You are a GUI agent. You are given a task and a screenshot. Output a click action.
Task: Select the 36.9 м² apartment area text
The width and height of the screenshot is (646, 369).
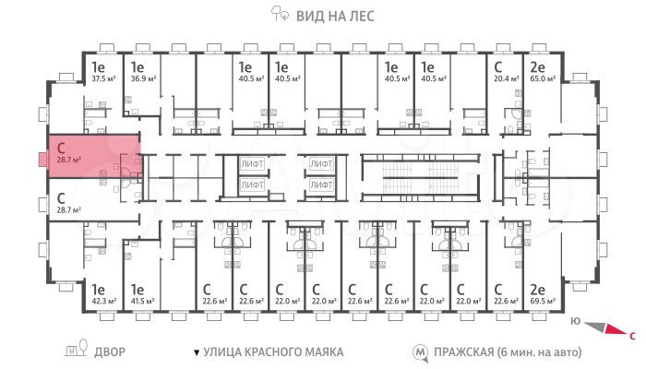pos(141,78)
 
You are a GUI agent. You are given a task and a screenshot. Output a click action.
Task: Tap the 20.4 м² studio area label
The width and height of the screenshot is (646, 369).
pos(504,78)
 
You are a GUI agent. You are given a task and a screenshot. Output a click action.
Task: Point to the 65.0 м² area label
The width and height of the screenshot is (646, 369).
pos(542,78)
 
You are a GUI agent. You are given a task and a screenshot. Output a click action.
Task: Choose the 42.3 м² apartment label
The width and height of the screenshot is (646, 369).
pos(102,300)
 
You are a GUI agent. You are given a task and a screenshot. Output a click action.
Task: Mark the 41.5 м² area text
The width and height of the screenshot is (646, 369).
pos(142,300)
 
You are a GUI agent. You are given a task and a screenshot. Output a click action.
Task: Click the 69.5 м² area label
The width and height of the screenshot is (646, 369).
pos(541,300)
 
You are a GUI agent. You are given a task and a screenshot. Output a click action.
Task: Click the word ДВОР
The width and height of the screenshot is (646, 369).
pos(109,352)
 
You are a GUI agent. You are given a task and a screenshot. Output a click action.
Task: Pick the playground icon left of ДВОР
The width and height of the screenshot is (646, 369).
pos(71,351)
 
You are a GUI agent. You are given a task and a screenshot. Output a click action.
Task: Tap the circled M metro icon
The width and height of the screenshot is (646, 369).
pos(420,352)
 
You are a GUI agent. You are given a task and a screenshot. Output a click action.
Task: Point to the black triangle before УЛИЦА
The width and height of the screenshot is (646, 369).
pos(195,352)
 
